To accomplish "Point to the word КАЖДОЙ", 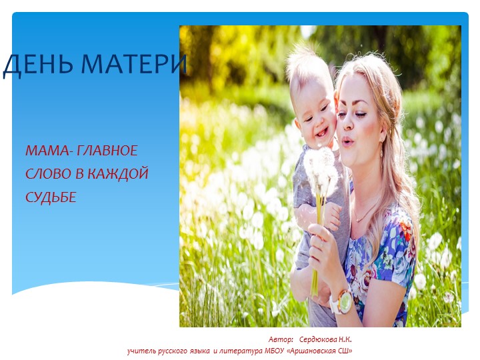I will [x=118, y=174].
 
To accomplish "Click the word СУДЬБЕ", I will [x=51, y=197].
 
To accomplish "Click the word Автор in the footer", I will [x=281, y=339].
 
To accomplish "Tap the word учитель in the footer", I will [x=144, y=350].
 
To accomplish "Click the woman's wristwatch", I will [x=341, y=301].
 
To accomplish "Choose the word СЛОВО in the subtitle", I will [x=45, y=174].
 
